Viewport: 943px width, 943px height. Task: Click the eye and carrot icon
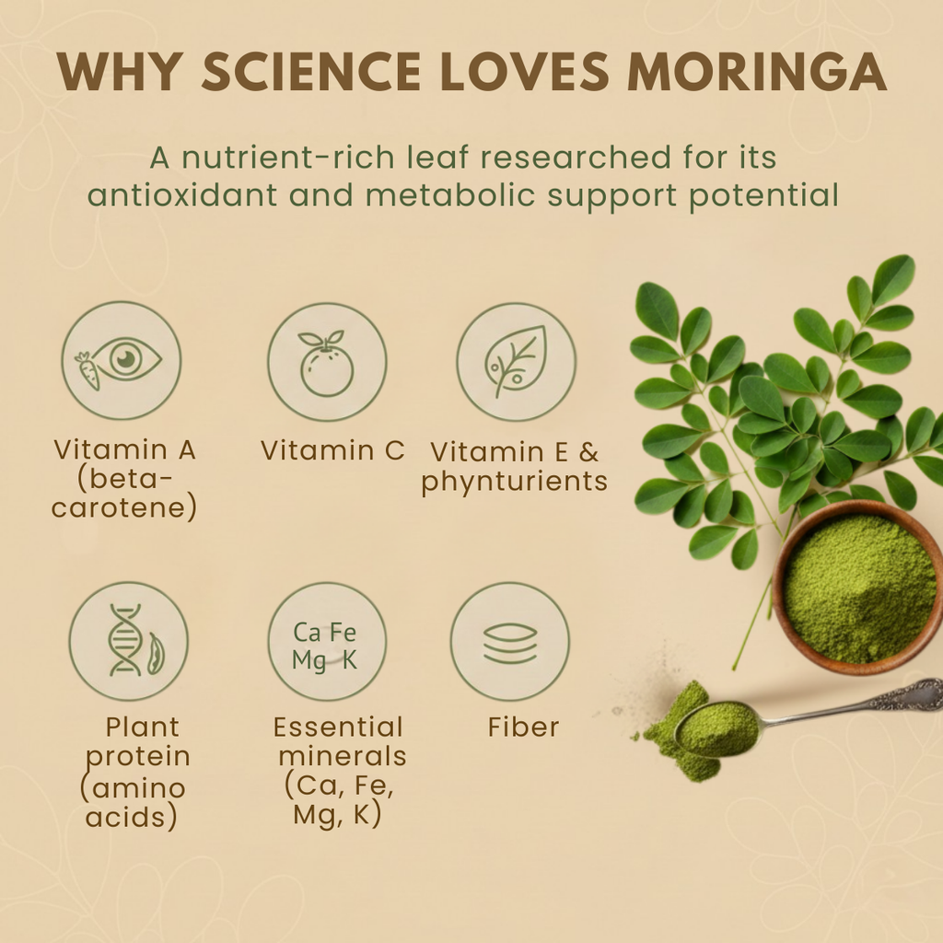tap(122, 361)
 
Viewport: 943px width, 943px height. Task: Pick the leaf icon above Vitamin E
tap(516, 362)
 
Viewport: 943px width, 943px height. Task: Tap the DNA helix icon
tap(128, 641)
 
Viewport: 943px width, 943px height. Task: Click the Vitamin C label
tap(332, 450)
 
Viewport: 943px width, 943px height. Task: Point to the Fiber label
tap(523, 728)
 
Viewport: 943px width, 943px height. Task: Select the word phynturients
tap(515, 482)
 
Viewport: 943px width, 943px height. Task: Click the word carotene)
tap(124, 508)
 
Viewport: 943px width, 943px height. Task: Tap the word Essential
tap(338, 728)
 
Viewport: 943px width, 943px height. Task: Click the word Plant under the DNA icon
tap(142, 728)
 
